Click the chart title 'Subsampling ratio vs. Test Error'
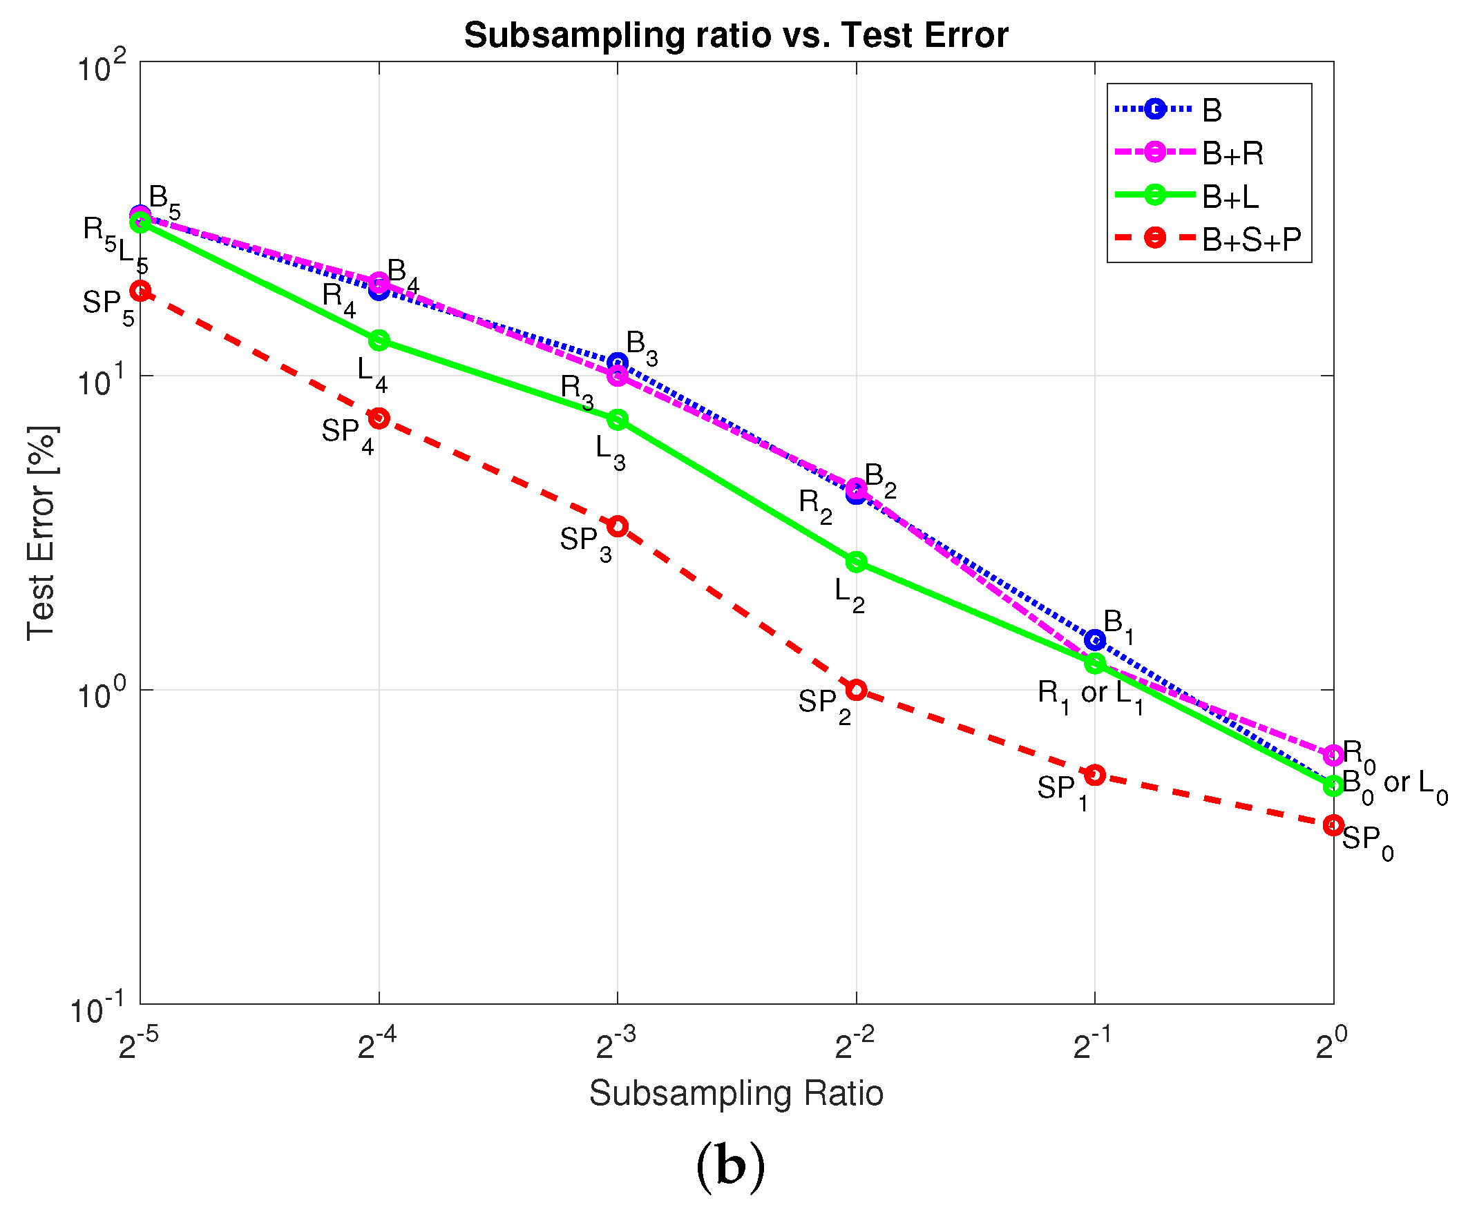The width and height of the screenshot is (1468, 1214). [x=736, y=35]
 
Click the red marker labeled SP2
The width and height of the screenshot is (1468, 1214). [x=857, y=690]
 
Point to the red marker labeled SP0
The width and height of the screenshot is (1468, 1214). [x=1333, y=825]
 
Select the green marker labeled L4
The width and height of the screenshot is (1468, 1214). [x=379, y=340]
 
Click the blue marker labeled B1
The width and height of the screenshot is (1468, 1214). [x=1095, y=639]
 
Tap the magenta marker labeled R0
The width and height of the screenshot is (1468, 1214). [x=1333, y=754]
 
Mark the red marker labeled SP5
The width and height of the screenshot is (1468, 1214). [x=140, y=290]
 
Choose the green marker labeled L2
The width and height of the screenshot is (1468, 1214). [x=857, y=562]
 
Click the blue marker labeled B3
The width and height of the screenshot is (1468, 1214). [x=618, y=362]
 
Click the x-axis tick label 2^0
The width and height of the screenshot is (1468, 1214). [x=1331, y=1046]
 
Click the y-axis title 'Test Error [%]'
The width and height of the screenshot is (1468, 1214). [x=42, y=532]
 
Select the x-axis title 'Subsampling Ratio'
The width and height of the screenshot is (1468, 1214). [x=736, y=1093]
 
